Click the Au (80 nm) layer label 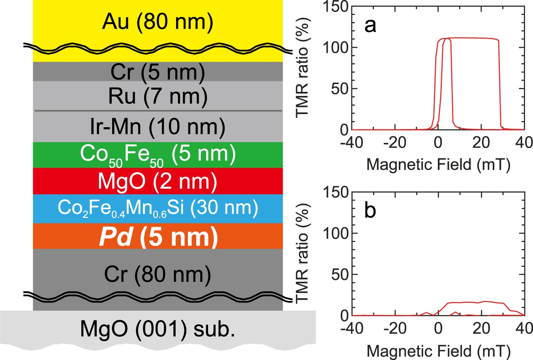(158, 22)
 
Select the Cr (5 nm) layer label (158, 72)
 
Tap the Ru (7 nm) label (158, 96)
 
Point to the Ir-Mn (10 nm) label (158, 127)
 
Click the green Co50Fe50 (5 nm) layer (158, 155)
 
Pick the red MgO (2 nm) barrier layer (158, 181)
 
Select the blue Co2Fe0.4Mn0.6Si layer (158, 208)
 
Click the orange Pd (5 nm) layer (158, 236)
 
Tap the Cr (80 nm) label (158, 274)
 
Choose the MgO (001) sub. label (158, 328)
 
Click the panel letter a (370, 26)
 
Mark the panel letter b (370, 210)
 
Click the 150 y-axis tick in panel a (336, 7)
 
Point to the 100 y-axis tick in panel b (336, 233)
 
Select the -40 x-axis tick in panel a (352, 142)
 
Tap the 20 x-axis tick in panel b (481, 328)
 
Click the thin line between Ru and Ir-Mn (158, 111)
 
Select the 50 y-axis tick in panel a (340, 88)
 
